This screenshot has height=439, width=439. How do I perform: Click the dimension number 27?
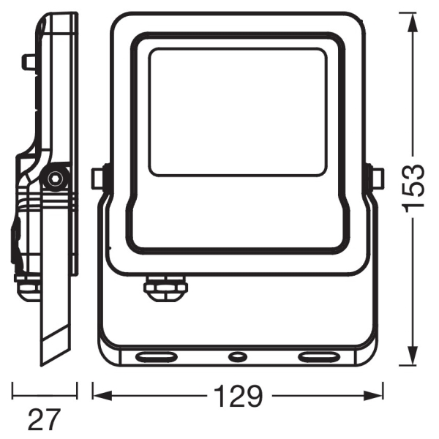44,420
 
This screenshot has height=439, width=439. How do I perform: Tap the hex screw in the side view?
54,178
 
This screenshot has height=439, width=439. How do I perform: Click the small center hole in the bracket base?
238,357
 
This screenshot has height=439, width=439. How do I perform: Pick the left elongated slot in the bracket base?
156,357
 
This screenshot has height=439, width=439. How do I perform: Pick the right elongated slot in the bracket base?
319,357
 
